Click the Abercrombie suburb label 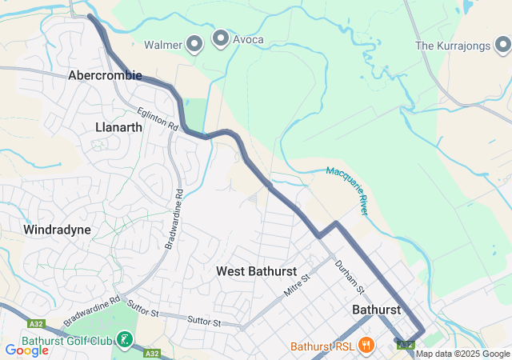[105, 75]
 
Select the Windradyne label [57, 230]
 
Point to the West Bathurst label [256, 271]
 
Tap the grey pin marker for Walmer [194, 43]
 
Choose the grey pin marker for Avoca [220, 38]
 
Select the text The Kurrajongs [452, 46]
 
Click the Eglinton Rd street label [156, 121]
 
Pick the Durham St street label [350, 276]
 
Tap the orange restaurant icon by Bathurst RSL [366, 346]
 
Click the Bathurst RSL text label [321, 346]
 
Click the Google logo [26, 350]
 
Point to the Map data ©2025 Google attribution [462, 354]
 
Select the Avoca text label [248, 40]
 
